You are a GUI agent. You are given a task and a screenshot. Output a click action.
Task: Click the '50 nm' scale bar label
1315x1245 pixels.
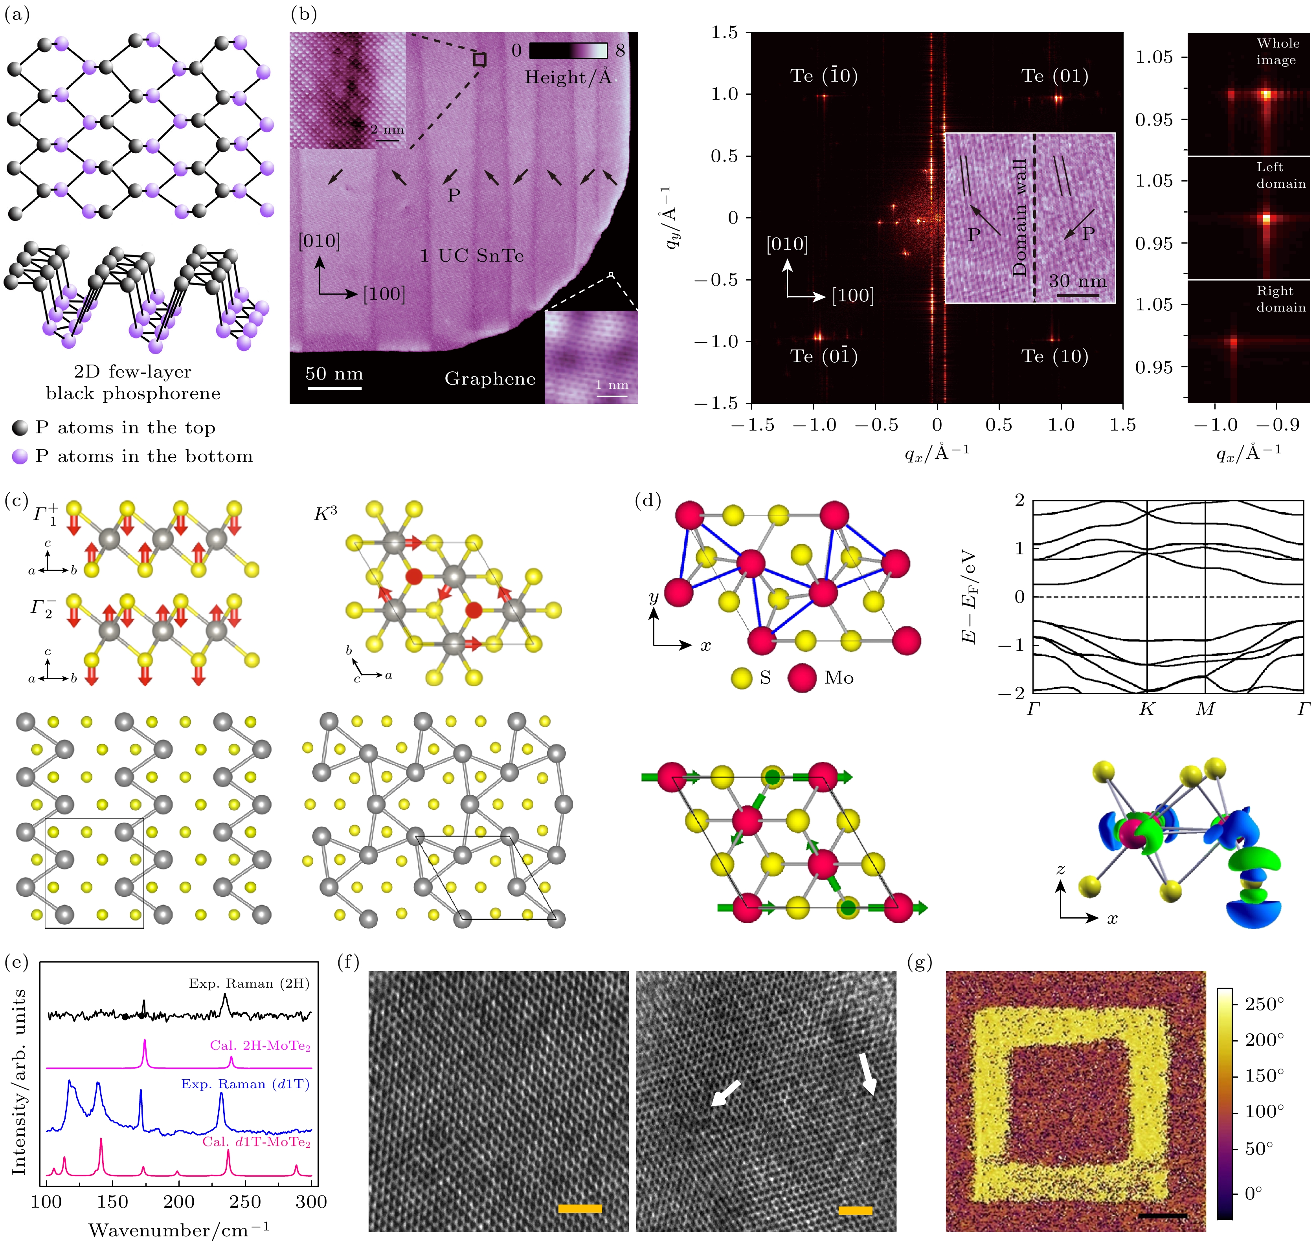[x=334, y=374]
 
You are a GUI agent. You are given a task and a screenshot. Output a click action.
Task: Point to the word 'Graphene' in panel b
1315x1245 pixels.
[x=490, y=379]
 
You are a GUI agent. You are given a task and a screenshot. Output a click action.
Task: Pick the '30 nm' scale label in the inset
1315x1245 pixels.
[x=1077, y=281]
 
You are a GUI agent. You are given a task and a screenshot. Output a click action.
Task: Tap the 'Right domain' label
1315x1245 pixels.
[x=1280, y=299]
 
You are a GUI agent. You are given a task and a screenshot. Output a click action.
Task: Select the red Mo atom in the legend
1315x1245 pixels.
[x=802, y=678]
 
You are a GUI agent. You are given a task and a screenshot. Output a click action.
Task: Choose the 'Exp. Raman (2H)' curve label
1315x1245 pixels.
[x=249, y=983]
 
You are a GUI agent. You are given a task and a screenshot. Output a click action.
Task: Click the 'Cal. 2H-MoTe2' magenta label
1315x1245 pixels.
[x=259, y=1046]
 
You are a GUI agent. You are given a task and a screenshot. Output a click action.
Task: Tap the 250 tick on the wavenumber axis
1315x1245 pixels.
[x=245, y=1202]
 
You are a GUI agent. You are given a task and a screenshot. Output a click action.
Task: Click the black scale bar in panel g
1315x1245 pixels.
[x=1163, y=1216]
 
